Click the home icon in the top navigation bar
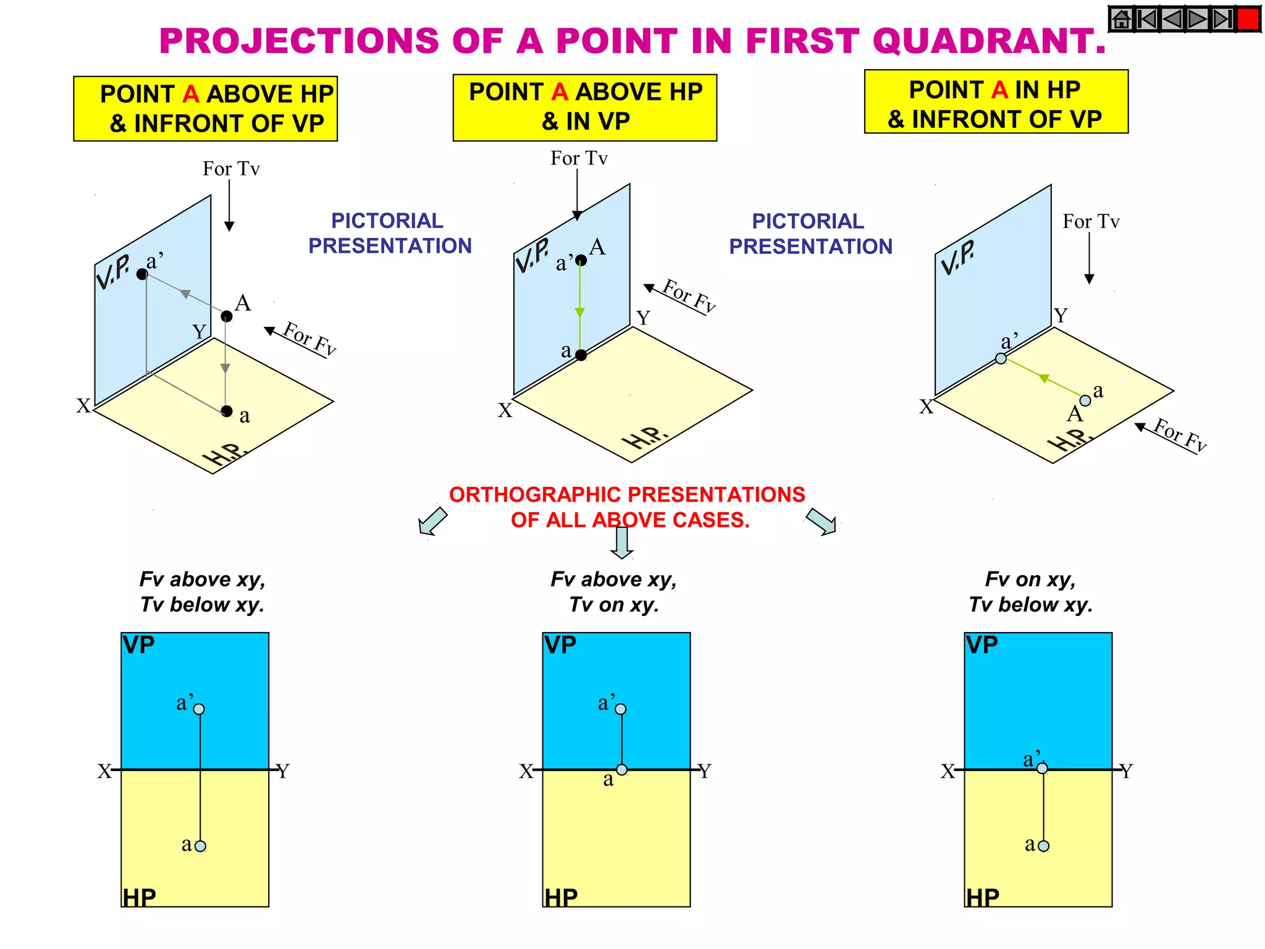coord(1122,19)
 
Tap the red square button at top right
coord(1248,19)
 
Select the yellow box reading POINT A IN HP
coord(996,102)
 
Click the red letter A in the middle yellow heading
coord(560,92)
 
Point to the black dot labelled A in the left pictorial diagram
coord(227,316)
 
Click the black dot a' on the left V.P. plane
coord(142,274)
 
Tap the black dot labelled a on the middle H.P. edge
coord(581,355)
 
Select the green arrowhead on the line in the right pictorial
coord(1044,378)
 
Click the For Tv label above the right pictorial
coord(1091,221)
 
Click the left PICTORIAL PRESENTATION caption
coord(389,233)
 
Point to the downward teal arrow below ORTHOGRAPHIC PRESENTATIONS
coord(622,542)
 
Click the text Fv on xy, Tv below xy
coord(1030,591)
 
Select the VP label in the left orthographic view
coord(138,645)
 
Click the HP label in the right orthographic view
coord(983,897)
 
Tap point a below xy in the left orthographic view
coord(200,846)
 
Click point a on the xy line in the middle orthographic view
coord(622,770)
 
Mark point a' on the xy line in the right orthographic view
coord(1042,769)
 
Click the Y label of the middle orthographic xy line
coord(705,771)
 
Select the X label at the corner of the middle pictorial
coord(505,410)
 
